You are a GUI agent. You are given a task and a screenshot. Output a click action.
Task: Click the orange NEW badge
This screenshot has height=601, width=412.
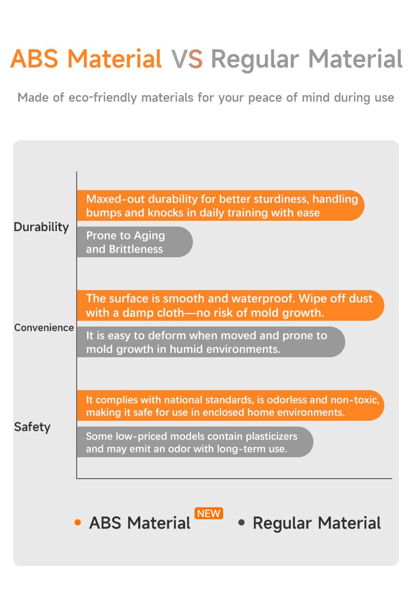point(209,514)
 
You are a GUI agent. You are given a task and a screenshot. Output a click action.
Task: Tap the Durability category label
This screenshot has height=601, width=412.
point(41,227)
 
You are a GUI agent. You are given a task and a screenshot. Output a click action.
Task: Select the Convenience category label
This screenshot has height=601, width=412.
point(44,328)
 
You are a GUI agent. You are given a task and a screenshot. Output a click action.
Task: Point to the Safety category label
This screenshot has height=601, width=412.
point(32,427)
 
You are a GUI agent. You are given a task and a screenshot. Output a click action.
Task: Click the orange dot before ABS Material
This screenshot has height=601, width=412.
point(78,522)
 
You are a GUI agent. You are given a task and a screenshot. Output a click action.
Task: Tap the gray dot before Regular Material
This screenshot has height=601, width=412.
point(241,522)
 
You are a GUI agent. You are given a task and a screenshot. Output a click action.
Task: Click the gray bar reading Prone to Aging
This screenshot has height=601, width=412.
point(134,242)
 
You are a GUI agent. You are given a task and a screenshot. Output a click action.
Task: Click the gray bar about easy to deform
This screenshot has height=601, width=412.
point(210,342)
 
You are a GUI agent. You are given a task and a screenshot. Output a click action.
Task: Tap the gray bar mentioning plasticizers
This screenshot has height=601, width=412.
point(194,442)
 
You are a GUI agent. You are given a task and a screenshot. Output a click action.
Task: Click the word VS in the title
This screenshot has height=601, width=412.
point(187,59)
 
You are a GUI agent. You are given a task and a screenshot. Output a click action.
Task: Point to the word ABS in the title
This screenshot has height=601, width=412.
point(33,59)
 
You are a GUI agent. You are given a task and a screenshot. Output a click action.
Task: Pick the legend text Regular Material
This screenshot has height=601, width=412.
point(317,523)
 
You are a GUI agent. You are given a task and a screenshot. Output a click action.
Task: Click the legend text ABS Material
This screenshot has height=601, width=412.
point(140,523)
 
